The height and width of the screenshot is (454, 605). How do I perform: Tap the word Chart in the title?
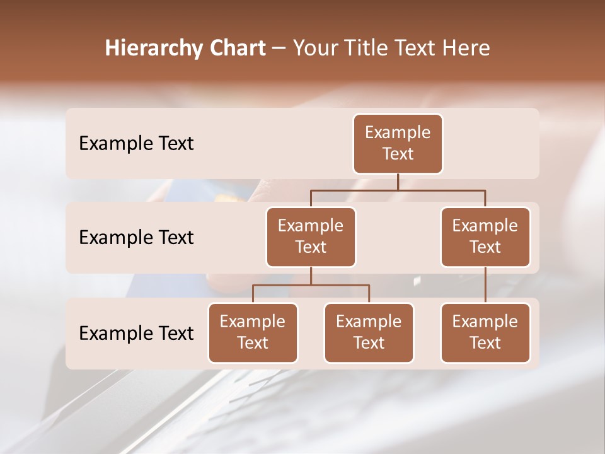[236, 49]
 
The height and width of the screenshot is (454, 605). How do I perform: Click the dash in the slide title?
[278, 49]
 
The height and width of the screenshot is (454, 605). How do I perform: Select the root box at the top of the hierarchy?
[398, 143]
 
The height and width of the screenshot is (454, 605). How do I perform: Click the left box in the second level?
[311, 236]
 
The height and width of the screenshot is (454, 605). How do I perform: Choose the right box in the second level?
[485, 236]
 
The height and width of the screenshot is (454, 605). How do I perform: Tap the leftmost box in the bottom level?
[253, 332]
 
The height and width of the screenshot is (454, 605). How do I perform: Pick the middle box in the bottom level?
[369, 332]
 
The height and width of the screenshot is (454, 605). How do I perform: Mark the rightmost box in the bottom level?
[485, 332]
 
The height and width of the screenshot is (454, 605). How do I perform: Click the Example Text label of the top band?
[136, 144]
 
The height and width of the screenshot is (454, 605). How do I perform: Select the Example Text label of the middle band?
[136, 238]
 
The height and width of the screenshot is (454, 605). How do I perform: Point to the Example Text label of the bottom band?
[136, 334]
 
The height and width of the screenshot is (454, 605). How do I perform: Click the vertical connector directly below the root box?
[398, 182]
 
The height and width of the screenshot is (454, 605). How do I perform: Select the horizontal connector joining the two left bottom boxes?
[311, 285]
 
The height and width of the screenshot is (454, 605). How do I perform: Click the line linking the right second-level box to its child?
[485, 285]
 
